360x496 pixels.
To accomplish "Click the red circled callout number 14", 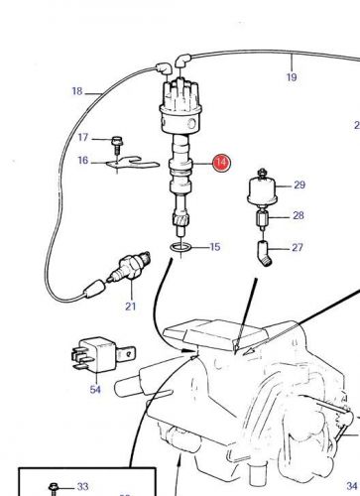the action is pyautogui.click(x=221, y=163).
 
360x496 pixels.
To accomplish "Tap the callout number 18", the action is pyautogui.click(x=77, y=91).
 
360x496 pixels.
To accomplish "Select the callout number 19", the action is pyautogui.click(x=292, y=77).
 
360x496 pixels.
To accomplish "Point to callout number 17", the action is pyautogui.click(x=83, y=137).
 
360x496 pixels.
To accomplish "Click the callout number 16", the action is pyautogui.click(x=83, y=161).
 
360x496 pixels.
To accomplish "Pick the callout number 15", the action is pyautogui.click(x=215, y=247).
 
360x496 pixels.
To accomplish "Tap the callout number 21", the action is pyautogui.click(x=130, y=307).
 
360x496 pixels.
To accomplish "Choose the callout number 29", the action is pyautogui.click(x=300, y=185).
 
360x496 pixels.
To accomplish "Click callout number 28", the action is pyautogui.click(x=299, y=215).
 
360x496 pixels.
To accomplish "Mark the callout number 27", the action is pyautogui.click(x=298, y=247).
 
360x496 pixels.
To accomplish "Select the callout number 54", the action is pyautogui.click(x=95, y=390).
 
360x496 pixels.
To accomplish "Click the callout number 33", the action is pyautogui.click(x=82, y=486).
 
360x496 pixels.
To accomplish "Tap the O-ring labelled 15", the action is pyautogui.click(x=180, y=247).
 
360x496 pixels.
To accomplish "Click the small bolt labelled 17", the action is pyautogui.click(x=117, y=145).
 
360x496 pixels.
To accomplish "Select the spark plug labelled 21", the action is pyautogui.click(x=129, y=268).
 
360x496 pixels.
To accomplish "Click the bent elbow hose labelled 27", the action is pyautogui.click(x=265, y=254).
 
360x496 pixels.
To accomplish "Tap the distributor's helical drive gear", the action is pyautogui.click(x=180, y=219).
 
